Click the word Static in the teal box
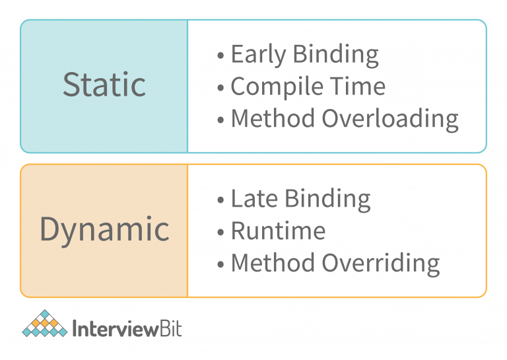click(x=104, y=85)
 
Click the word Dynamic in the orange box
click(x=104, y=229)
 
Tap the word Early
click(x=257, y=55)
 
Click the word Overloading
click(x=389, y=120)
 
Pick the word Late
click(x=252, y=198)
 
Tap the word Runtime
click(x=278, y=231)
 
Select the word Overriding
click(x=380, y=263)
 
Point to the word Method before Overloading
click(x=273, y=119)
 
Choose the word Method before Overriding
click(x=273, y=263)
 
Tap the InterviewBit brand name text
click(x=127, y=328)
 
